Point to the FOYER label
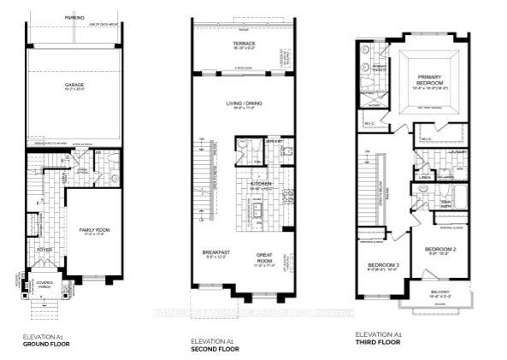tap(43, 250)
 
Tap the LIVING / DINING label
tap(244, 103)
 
